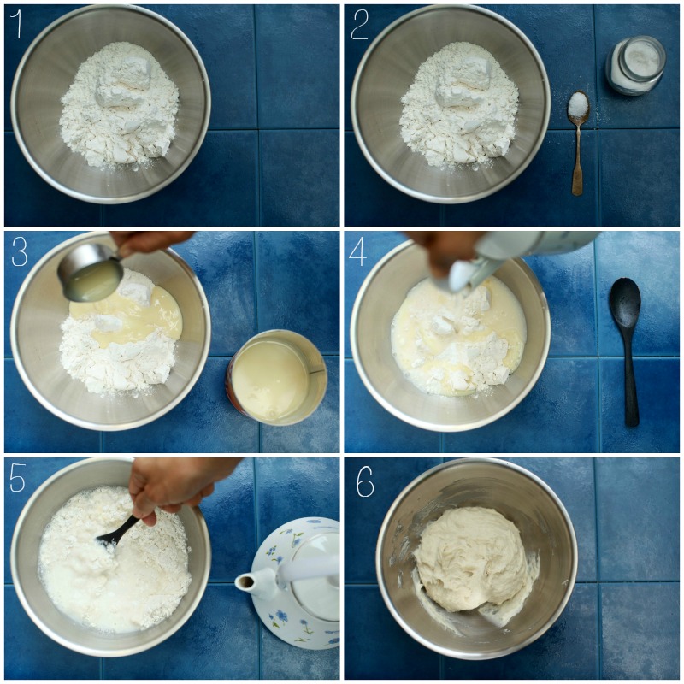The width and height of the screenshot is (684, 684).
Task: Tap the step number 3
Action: pos(19,251)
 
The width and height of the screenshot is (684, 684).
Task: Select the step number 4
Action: pos(360,253)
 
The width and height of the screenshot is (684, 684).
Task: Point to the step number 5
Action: pos(18,480)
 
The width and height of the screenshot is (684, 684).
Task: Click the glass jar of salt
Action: pos(635,64)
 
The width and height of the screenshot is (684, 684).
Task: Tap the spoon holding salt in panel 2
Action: pos(579,108)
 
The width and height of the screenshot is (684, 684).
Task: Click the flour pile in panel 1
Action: pos(120,103)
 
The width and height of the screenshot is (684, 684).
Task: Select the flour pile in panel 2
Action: pos(459,103)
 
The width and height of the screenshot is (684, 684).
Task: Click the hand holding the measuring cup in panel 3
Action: pos(150,240)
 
